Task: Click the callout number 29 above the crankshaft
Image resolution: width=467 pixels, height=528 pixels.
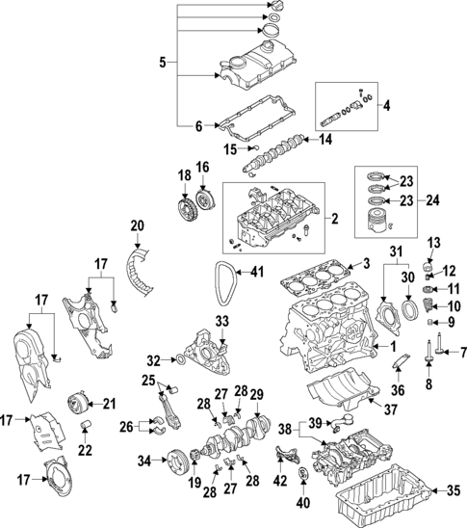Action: coord(256,394)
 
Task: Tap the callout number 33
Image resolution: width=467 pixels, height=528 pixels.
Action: coord(222,321)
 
